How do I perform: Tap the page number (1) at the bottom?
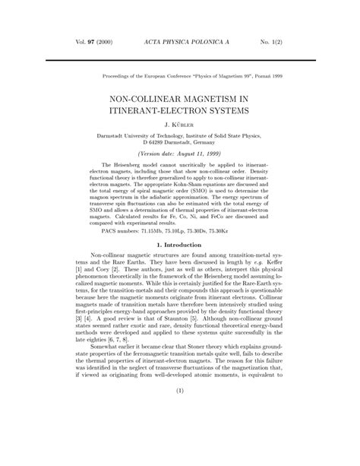tap(180, 434)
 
